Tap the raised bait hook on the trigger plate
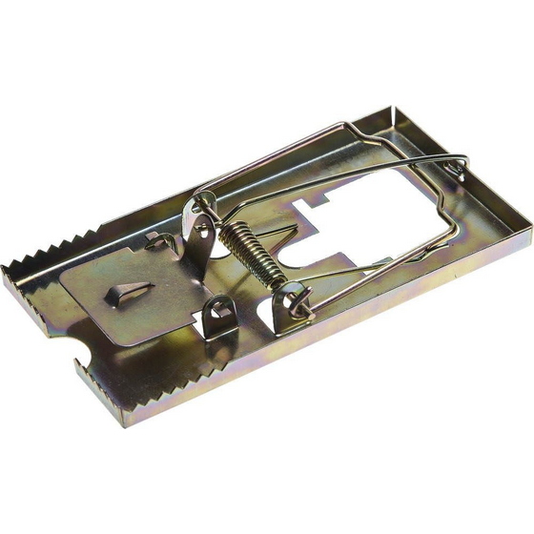click(x=129, y=291)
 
